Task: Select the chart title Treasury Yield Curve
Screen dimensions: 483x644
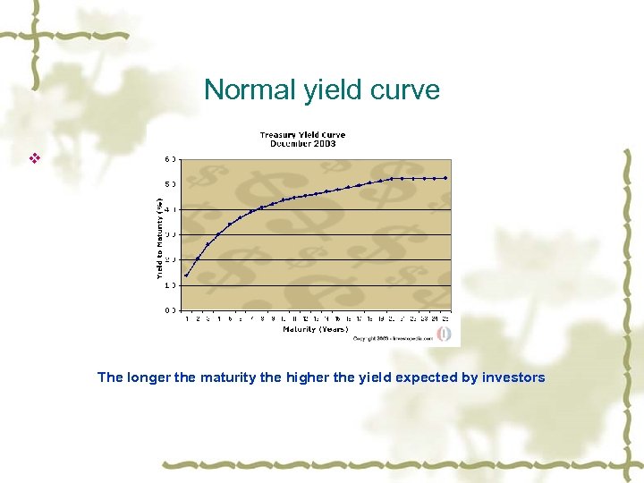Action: [x=302, y=135]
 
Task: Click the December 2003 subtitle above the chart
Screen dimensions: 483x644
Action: [x=302, y=143]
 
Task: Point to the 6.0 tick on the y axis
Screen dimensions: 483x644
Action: [x=169, y=160]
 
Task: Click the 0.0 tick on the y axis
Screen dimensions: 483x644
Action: [x=169, y=310]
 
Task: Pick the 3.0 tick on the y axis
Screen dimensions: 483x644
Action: [x=169, y=235]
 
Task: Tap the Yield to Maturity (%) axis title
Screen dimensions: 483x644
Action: [x=160, y=236]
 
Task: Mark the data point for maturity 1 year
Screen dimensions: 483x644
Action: [x=186, y=275]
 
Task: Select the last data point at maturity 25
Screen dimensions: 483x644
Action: [x=445, y=178]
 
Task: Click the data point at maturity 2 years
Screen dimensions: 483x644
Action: [x=197, y=258]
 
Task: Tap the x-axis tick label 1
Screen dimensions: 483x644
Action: [x=186, y=318]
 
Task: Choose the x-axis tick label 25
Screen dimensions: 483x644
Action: [x=445, y=318]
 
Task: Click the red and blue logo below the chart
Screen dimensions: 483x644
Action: [x=444, y=334]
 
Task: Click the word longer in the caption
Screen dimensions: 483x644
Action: [x=148, y=377]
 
